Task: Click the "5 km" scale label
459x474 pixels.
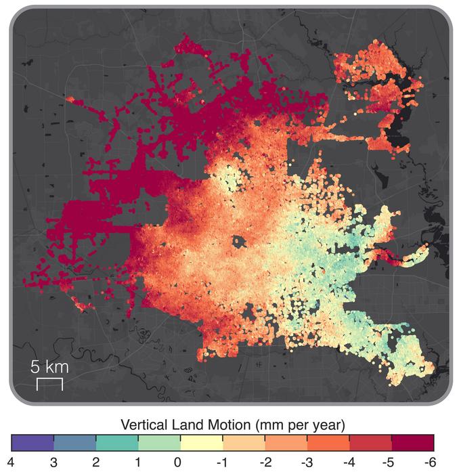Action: tap(49, 368)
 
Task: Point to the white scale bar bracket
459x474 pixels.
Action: tap(49, 384)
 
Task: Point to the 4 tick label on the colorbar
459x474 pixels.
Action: tap(12, 462)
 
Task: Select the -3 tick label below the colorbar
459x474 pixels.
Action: tap(306, 462)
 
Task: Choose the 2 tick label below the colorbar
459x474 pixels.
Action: tap(96, 462)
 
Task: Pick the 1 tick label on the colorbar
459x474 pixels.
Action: tap(138, 462)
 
